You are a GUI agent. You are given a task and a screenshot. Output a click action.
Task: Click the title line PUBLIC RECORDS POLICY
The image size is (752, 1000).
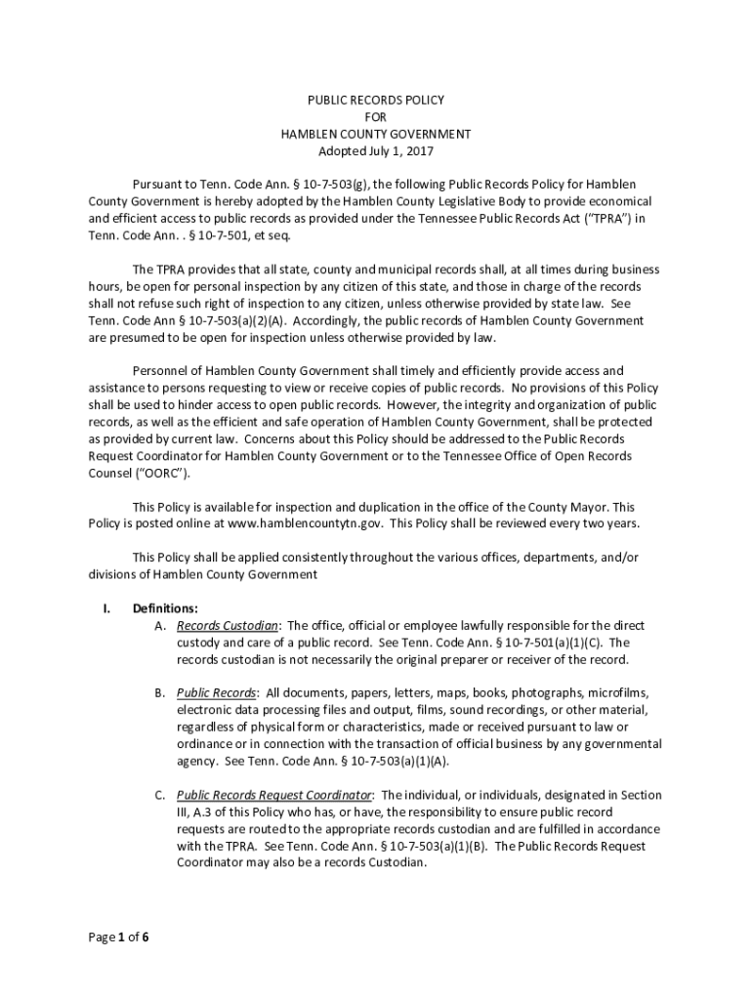(x=376, y=100)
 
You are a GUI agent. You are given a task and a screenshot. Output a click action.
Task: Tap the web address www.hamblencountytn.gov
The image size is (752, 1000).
(x=307, y=523)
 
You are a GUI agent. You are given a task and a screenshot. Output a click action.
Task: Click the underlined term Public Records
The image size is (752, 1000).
(x=216, y=692)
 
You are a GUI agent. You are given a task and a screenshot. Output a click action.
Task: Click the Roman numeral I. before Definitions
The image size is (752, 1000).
(x=106, y=607)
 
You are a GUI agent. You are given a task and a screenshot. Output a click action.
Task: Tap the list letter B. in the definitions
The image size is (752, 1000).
(x=159, y=692)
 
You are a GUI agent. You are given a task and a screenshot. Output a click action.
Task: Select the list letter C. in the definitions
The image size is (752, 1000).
(x=159, y=795)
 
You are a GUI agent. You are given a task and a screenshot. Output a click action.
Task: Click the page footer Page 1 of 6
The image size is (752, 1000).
(x=118, y=938)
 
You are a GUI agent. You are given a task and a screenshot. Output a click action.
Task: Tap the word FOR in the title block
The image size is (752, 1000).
(x=376, y=117)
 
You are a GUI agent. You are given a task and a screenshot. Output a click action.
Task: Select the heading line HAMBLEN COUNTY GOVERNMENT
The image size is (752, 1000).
(x=376, y=134)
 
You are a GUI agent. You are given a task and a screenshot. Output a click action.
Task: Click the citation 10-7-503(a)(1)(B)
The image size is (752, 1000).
(x=433, y=847)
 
